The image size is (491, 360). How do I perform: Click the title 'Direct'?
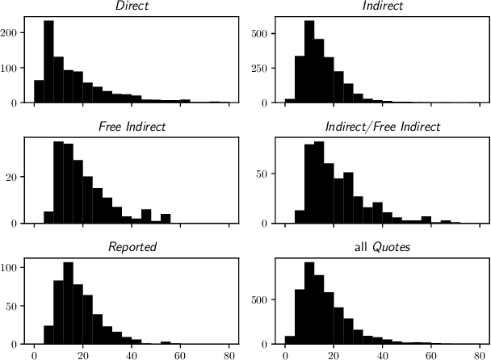pos(132,6)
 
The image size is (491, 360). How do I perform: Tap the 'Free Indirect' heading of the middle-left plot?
pos(132,126)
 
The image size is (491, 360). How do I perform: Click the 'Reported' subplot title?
pos(132,245)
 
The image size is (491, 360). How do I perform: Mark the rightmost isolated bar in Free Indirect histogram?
pos(166,218)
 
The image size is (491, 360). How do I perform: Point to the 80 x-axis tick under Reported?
pos(229,354)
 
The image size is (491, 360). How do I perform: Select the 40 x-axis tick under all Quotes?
pos(382,354)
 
